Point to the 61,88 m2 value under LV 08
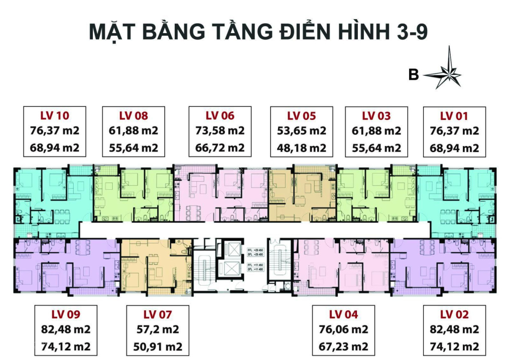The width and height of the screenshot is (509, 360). [134, 131]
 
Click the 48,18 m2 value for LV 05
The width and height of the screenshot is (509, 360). [302, 148]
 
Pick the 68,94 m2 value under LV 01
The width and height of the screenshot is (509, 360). [454, 148]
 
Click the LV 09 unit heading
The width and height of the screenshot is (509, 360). [66, 314]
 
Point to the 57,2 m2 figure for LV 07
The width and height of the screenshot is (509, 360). [158, 330]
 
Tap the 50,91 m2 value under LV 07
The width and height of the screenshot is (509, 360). [158, 346]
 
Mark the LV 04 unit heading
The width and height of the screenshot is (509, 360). [344, 314]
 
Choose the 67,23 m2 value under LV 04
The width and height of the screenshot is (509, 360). [344, 346]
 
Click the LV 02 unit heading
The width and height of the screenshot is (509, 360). [454, 314]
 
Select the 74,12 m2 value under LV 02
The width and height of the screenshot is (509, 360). [454, 346]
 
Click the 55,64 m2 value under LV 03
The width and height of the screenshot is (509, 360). [376, 148]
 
